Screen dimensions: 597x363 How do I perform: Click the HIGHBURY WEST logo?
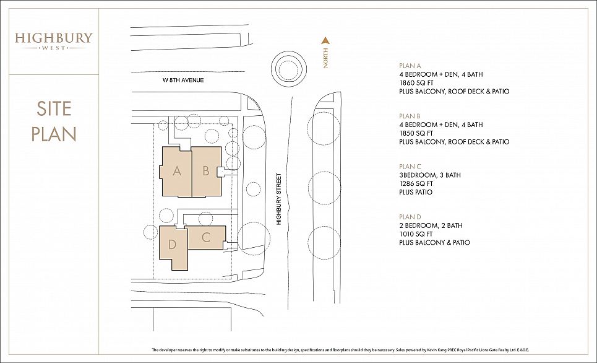[54, 41]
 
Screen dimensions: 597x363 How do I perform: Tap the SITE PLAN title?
[54, 121]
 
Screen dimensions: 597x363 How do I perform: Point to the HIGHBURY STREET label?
[278, 199]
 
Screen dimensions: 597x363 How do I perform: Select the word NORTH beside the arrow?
[325, 58]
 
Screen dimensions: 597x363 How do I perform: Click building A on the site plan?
[176, 172]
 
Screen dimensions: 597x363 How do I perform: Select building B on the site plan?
[206, 172]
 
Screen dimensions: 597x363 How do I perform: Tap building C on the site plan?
[206, 237]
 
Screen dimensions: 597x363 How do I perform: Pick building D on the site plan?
[173, 247]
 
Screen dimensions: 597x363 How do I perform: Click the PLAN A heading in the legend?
[410, 66]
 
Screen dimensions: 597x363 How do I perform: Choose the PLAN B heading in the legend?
[410, 116]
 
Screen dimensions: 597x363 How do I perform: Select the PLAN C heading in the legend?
[410, 167]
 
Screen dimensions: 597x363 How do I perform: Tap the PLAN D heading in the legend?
[410, 217]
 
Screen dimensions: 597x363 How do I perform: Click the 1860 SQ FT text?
[416, 83]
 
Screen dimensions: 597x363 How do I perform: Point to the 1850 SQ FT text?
[416, 133]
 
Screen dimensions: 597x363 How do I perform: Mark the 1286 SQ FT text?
[416, 183]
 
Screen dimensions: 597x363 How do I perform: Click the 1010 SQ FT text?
[416, 234]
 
